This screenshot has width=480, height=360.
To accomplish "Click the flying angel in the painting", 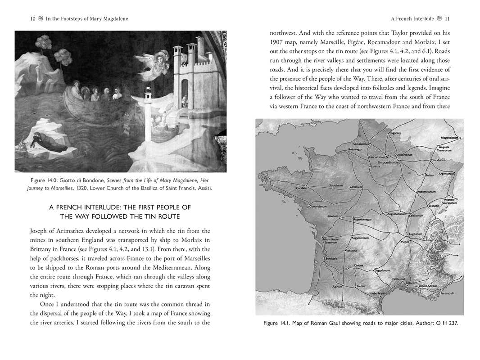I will coord(155,63).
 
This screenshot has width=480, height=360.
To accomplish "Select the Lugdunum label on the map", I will coord(415,234).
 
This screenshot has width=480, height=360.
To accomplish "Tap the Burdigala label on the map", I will coord(331,259).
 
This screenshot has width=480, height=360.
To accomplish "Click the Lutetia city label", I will coord(376,166).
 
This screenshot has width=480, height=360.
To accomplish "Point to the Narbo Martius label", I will coord(378,293).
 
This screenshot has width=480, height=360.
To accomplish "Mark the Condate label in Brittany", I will coord(302,188).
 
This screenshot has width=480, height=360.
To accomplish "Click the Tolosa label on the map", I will coord(360,286).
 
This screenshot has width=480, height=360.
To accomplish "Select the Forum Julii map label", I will coord(448,293).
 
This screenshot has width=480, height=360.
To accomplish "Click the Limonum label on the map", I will coord(332,216).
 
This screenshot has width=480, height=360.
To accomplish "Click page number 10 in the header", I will coord(32,18).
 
